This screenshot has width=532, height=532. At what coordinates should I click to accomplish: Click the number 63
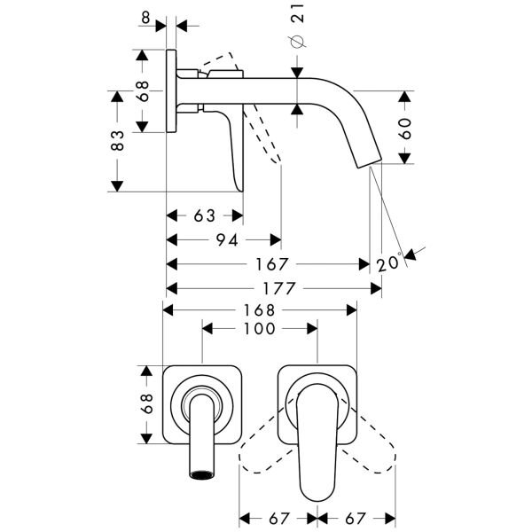point(206,215)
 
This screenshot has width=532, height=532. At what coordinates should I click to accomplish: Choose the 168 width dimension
point(260,310)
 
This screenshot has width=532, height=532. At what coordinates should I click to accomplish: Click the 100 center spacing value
point(260,328)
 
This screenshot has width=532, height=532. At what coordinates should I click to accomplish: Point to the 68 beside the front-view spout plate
point(146,403)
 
